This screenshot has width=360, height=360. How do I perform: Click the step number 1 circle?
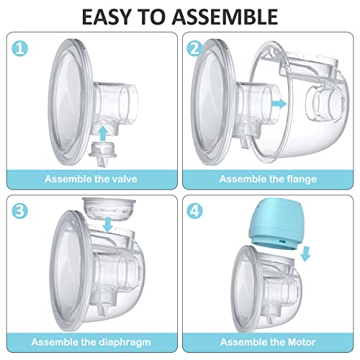point(20,49)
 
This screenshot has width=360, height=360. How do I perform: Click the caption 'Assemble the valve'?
point(90,179)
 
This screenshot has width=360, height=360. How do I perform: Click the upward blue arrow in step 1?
point(106,132)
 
